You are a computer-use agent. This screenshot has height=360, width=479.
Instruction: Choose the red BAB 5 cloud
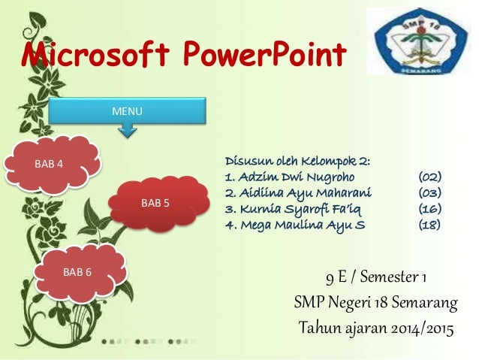coord(155,202)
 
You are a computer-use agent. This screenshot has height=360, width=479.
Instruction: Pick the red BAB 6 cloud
coord(78,271)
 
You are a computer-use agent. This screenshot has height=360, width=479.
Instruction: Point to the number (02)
coord(429,177)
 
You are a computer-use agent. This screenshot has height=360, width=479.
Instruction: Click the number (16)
coord(429,208)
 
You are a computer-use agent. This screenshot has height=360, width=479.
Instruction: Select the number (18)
coord(429,224)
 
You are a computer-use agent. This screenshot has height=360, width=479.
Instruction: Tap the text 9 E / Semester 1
coord(376,280)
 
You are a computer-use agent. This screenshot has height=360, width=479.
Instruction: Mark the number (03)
coord(429,192)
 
